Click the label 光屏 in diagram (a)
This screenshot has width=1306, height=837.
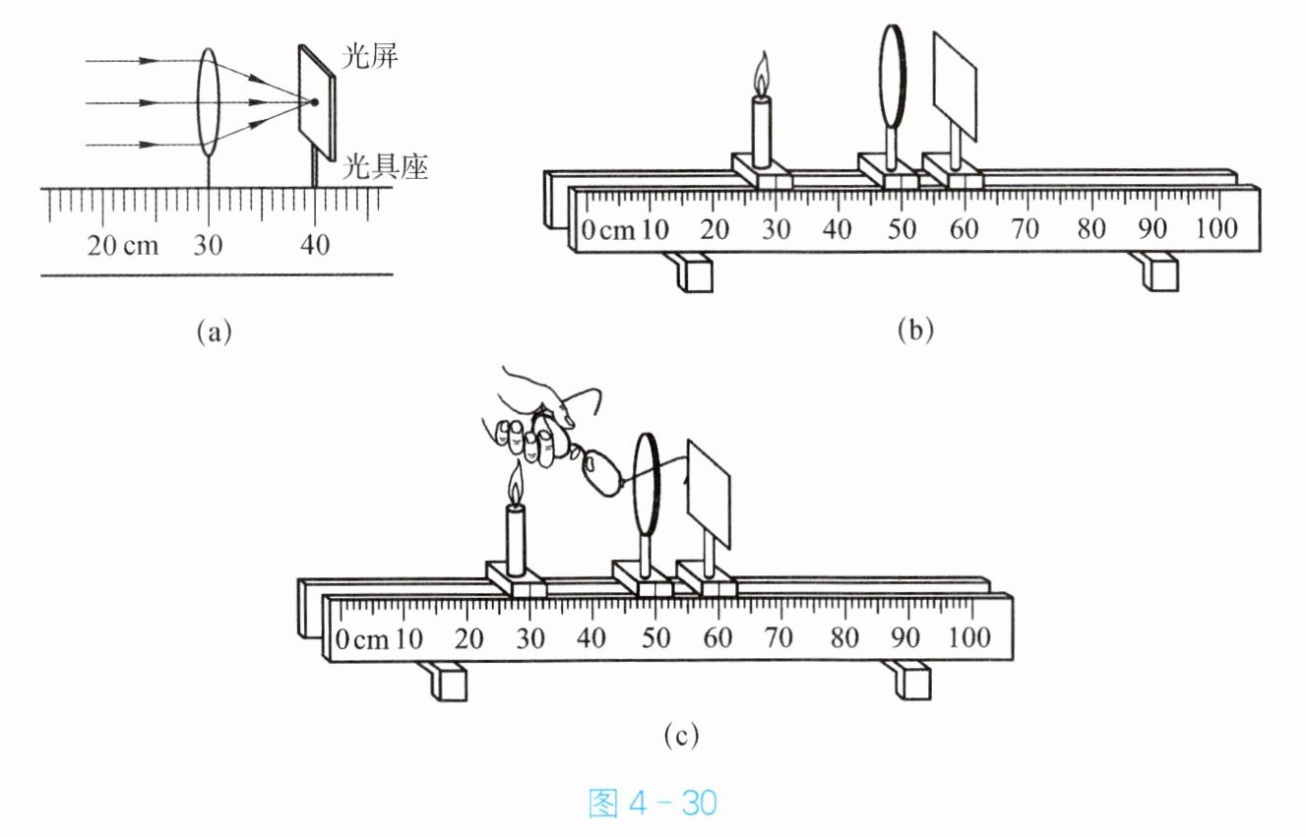pyautogui.click(x=370, y=57)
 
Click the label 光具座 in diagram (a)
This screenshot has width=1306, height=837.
pyautogui.click(x=385, y=166)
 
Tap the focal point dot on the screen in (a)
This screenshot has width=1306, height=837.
pyautogui.click(x=314, y=102)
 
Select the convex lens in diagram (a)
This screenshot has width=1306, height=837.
pyautogui.click(x=208, y=102)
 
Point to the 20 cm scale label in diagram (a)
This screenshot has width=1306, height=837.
pyautogui.click(x=123, y=245)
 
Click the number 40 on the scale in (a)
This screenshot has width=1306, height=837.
pyautogui.click(x=315, y=245)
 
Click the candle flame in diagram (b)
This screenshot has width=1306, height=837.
pyautogui.click(x=762, y=74)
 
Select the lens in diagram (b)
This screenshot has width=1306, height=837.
pyautogui.click(x=892, y=76)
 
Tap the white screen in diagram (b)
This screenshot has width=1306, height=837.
pyautogui.click(x=955, y=87)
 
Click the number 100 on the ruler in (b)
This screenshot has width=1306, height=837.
pyautogui.click(x=1216, y=228)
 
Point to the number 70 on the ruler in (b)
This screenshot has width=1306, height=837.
pyautogui.click(x=1026, y=229)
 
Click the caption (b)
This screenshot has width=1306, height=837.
pyautogui.click(x=915, y=330)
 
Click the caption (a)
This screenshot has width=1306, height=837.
pyautogui.click(x=214, y=332)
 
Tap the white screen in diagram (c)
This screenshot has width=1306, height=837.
pyautogui.click(x=709, y=495)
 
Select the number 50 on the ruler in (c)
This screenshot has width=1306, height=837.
pyautogui.click(x=655, y=637)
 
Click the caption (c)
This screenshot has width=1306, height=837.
pyautogui.click(x=681, y=736)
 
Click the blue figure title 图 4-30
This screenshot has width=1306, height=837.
pyautogui.click(x=653, y=804)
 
